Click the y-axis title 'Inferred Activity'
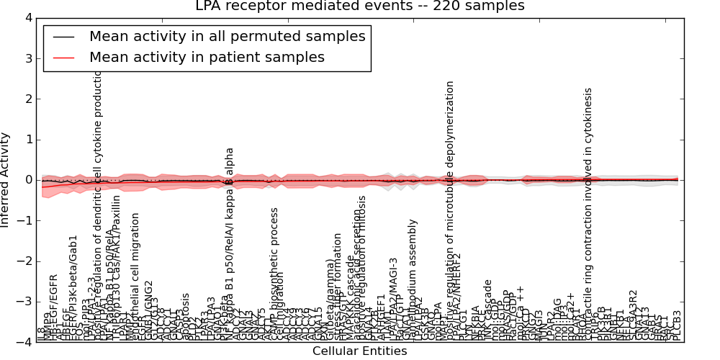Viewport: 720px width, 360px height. [6, 180]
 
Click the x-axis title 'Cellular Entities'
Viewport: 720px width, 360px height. [359, 351]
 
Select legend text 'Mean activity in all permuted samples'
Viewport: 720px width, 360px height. [227, 36]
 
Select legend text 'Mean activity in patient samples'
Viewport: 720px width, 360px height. [207, 57]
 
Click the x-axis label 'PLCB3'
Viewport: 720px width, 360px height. [676, 325]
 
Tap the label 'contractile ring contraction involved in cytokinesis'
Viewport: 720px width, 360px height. [588, 215]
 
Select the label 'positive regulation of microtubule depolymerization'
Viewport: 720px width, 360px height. [450, 211]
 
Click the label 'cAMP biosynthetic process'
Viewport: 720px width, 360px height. [274, 274]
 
